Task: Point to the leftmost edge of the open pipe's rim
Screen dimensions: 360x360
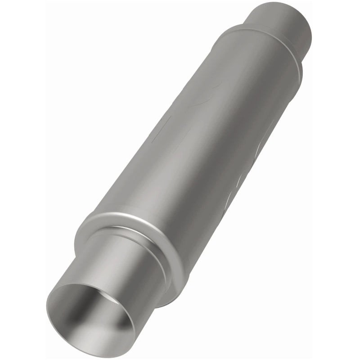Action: pyautogui.click(x=47, y=306)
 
